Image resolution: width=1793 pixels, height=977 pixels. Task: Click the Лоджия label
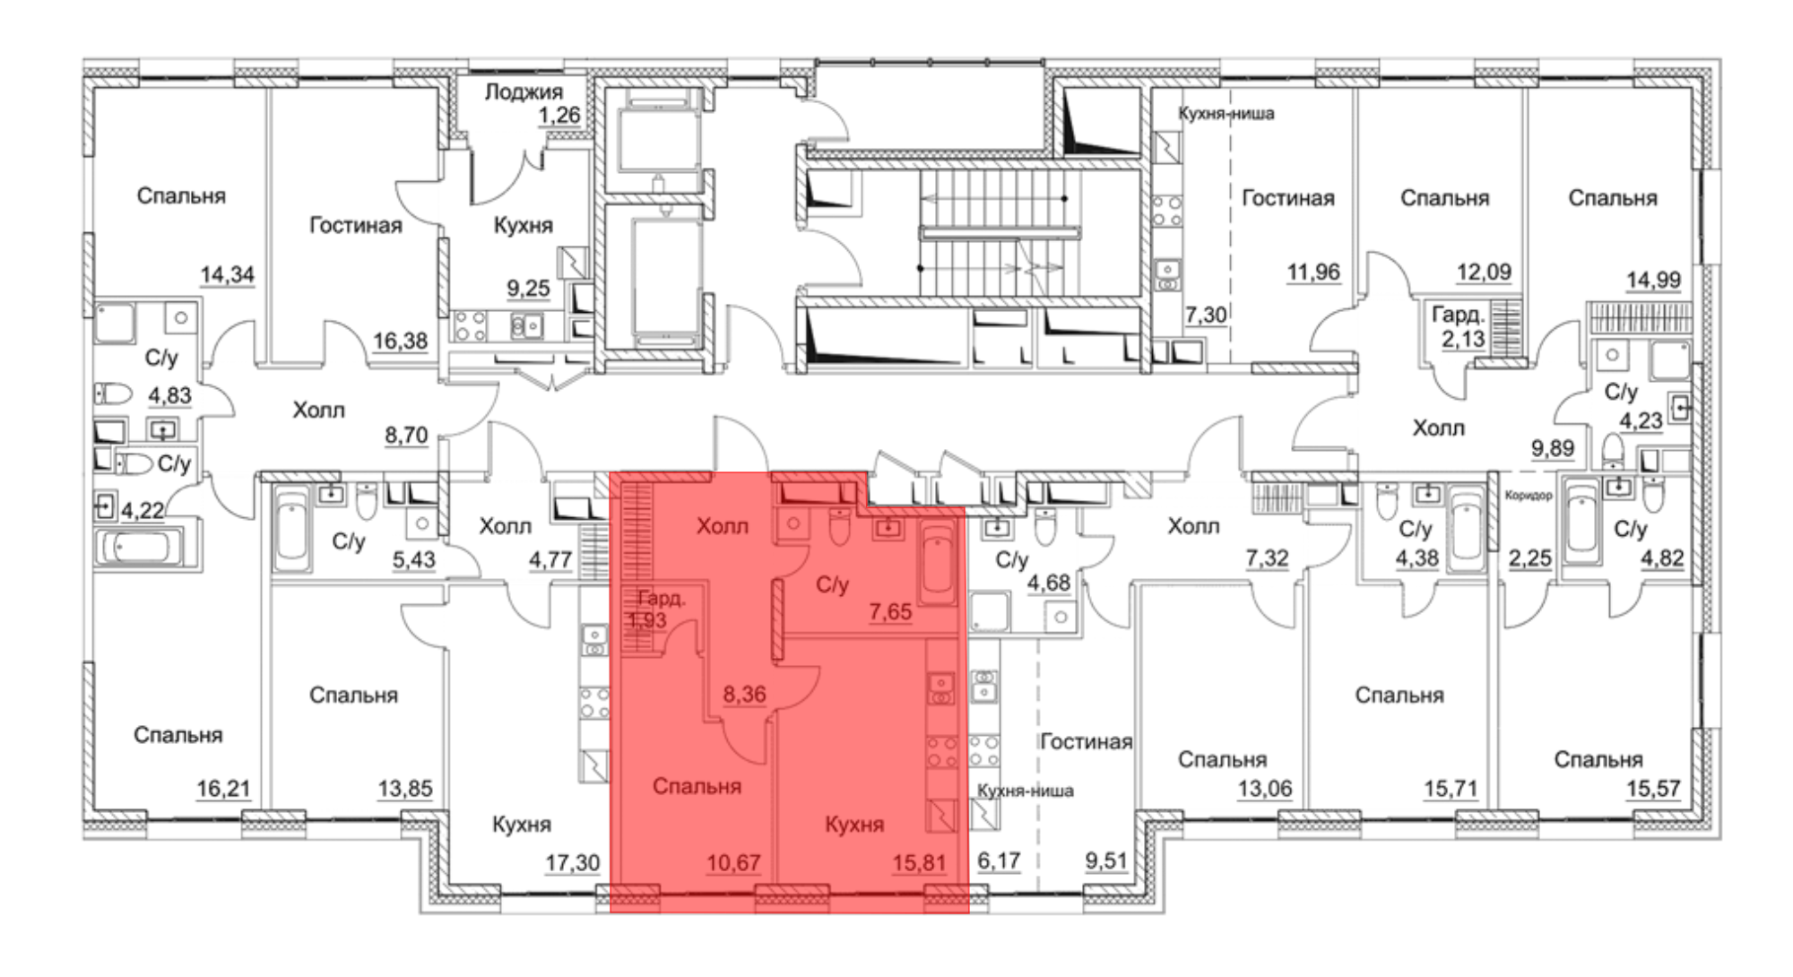(x=524, y=91)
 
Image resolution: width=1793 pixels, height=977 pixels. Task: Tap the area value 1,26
(x=559, y=116)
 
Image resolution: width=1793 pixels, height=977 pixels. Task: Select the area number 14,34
(x=227, y=274)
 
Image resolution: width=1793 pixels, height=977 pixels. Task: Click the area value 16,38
(x=400, y=341)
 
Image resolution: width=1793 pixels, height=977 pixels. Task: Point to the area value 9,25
(x=528, y=289)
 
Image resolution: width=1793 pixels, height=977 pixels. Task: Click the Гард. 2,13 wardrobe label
(x=1458, y=327)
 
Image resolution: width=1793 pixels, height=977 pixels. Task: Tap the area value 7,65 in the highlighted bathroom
(x=890, y=612)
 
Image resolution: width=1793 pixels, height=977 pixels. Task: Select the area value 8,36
(x=744, y=694)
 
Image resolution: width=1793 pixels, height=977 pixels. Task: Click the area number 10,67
(x=733, y=863)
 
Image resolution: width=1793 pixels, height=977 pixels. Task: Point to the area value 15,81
(x=919, y=863)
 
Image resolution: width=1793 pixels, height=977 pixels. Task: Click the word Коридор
(x=1529, y=496)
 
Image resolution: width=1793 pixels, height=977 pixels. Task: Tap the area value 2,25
(x=1529, y=558)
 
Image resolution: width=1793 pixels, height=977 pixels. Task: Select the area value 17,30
(x=573, y=863)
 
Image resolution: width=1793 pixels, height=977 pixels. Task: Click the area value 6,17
(x=999, y=861)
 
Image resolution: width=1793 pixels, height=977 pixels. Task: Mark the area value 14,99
(x=1653, y=281)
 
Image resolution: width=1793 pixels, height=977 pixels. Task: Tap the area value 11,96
(x=1313, y=272)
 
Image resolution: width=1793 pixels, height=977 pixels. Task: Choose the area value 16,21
(x=223, y=789)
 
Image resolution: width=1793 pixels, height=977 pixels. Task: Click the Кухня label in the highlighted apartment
(x=854, y=825)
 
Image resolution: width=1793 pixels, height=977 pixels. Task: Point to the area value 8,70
(x=406, y=436)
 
